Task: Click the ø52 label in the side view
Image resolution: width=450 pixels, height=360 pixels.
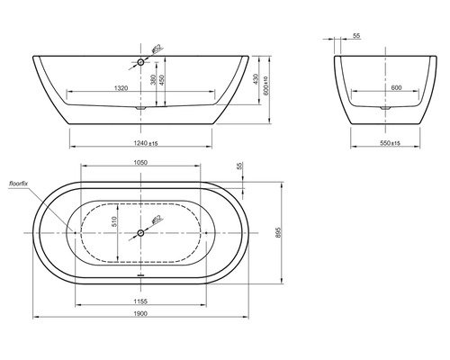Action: pos(155,50)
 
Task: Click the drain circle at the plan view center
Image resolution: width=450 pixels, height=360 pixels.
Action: pos(140,233)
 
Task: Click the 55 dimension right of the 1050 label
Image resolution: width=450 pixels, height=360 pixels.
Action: pos(238,166)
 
